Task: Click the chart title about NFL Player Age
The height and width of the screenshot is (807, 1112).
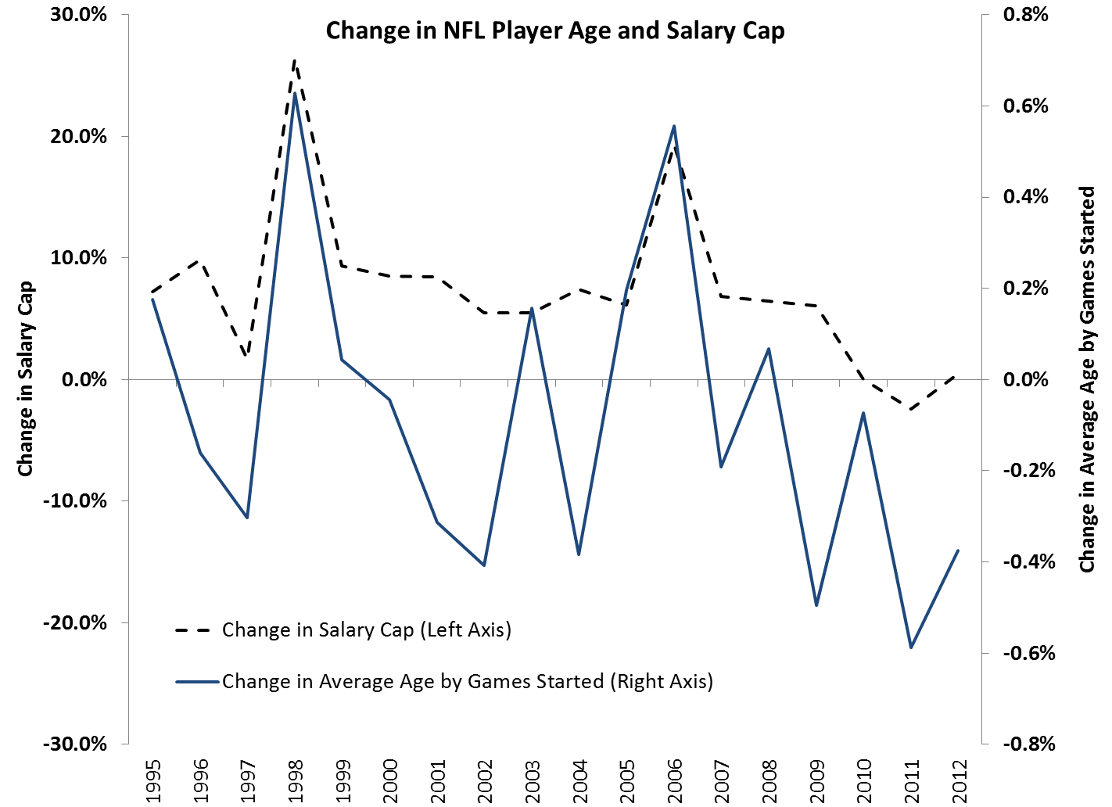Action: tap(554, 30)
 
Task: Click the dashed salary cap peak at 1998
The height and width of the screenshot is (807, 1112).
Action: tap(295, 60)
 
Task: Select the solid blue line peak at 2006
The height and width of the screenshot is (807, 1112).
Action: tap(674, 126)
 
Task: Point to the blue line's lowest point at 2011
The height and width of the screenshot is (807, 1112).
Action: tap(911, 647)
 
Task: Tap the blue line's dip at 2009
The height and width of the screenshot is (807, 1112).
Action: tap(816, 605)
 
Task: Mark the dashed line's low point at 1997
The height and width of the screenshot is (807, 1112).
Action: tap(247, 356)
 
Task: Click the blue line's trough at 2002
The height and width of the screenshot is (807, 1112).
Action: tap(485, 565)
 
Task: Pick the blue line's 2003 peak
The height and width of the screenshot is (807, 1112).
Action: tap(532, 308)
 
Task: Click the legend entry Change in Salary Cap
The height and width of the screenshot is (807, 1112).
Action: tap(366, 629)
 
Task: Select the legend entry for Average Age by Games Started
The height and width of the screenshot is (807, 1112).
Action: tap(467, 681)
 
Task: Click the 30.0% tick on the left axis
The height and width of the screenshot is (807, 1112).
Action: tap(78, 15)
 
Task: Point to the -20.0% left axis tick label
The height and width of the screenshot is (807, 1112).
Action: tap(75, 622)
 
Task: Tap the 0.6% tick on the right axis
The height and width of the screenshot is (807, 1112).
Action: tap(1025, 106)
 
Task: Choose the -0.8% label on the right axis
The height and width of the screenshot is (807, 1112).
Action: tap(1028, 744)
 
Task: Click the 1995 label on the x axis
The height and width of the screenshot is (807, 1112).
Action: tap(153, 780)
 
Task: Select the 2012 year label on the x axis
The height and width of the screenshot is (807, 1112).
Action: tap(960, 780)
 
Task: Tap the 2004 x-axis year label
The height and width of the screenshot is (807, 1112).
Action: tap(579, 780)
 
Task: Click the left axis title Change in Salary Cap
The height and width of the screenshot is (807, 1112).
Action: tap(26, 378)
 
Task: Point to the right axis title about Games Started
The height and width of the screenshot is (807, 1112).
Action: tap(1087, 378)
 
